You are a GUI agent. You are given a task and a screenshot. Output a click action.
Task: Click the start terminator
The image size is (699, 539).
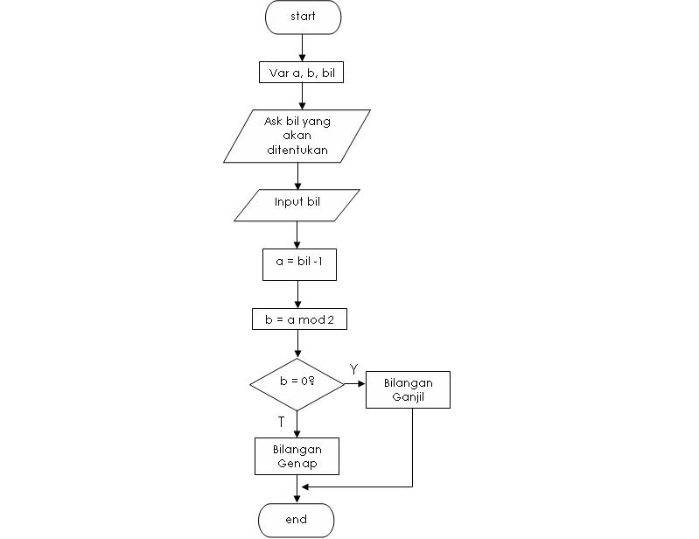[x=303, y=17]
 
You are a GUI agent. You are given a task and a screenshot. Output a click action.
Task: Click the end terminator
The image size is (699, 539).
[x=296, y=520]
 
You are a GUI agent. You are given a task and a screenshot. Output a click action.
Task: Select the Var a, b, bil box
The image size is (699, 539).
[x=302, y=73]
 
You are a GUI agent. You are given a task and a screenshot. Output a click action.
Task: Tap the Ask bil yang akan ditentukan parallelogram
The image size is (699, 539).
[x=297, y=136]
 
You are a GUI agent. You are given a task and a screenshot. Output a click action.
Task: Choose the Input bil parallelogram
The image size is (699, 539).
[x=297, y=204]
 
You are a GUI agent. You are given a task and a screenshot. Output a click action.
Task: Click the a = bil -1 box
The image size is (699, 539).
[x=299, y=264]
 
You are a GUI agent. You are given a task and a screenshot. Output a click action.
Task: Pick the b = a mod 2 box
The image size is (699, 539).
[x=299, y=320]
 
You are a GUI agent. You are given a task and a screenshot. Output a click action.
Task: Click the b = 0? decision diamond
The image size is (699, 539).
[x=297, y=384]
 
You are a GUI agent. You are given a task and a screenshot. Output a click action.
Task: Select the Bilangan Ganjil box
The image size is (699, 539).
[x=408, y=389]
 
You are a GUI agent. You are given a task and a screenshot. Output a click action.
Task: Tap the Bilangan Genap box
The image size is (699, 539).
[x=297, y=456]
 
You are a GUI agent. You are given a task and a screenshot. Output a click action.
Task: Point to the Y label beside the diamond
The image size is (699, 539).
[x=353, y=369]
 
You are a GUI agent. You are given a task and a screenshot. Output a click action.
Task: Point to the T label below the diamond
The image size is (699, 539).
[x=281, y=422]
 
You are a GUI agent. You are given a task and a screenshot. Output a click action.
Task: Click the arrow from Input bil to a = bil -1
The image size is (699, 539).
[x=297, y=234]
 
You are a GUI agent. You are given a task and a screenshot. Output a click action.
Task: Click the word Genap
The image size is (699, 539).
[x=297, y=463]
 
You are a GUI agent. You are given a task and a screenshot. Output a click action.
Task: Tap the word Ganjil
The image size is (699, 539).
[x=408, y=396]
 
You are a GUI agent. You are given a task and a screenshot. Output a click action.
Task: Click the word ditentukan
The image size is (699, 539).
[x=297, y=150]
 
